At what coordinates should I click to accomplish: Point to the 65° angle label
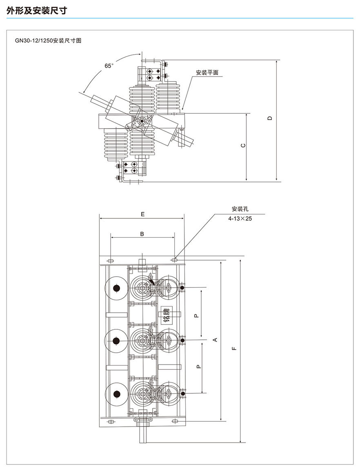(109, 66)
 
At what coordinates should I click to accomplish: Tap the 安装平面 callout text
(207, 73)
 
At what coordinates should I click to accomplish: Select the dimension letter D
(269, 118)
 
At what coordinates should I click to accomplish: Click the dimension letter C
(243, 146)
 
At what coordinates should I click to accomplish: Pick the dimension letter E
(142, 213)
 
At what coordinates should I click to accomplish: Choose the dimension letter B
(142, 234)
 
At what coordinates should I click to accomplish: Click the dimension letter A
(216, 340)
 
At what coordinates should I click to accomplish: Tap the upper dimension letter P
(196, 315)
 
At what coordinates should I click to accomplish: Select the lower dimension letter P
(198, 367)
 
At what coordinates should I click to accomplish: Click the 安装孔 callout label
(238, 209)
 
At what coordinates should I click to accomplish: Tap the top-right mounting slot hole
(175, 260)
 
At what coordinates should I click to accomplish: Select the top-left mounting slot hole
(111, 260)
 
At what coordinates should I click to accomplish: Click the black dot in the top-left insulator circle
(116, 289)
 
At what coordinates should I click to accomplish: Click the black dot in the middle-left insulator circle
(116, 341)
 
